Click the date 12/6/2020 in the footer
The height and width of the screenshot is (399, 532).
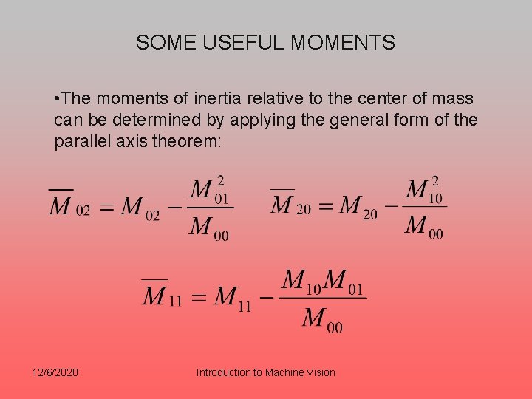[55, 372]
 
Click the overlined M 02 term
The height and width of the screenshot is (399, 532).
[69, 205]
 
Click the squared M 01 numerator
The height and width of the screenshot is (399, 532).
[210, 191]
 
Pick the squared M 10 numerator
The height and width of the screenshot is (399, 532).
[424, 190]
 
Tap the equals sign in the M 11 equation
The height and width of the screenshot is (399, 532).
[198, 298]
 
